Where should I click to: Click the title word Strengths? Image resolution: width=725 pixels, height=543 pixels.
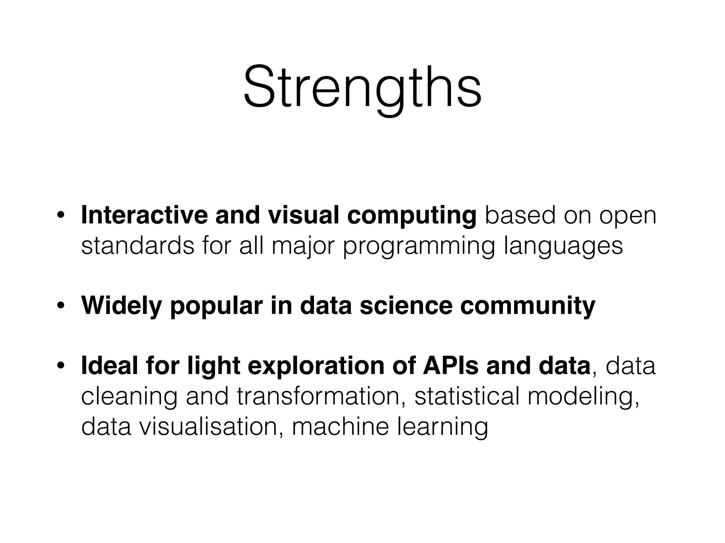(362, 87)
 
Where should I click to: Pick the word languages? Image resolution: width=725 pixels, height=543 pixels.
(563, 247)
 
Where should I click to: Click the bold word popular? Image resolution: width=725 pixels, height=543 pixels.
(216, 307)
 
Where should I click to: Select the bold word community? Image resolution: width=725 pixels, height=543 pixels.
(527, 307)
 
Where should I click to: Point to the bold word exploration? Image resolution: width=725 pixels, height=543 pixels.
(315, 367)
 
